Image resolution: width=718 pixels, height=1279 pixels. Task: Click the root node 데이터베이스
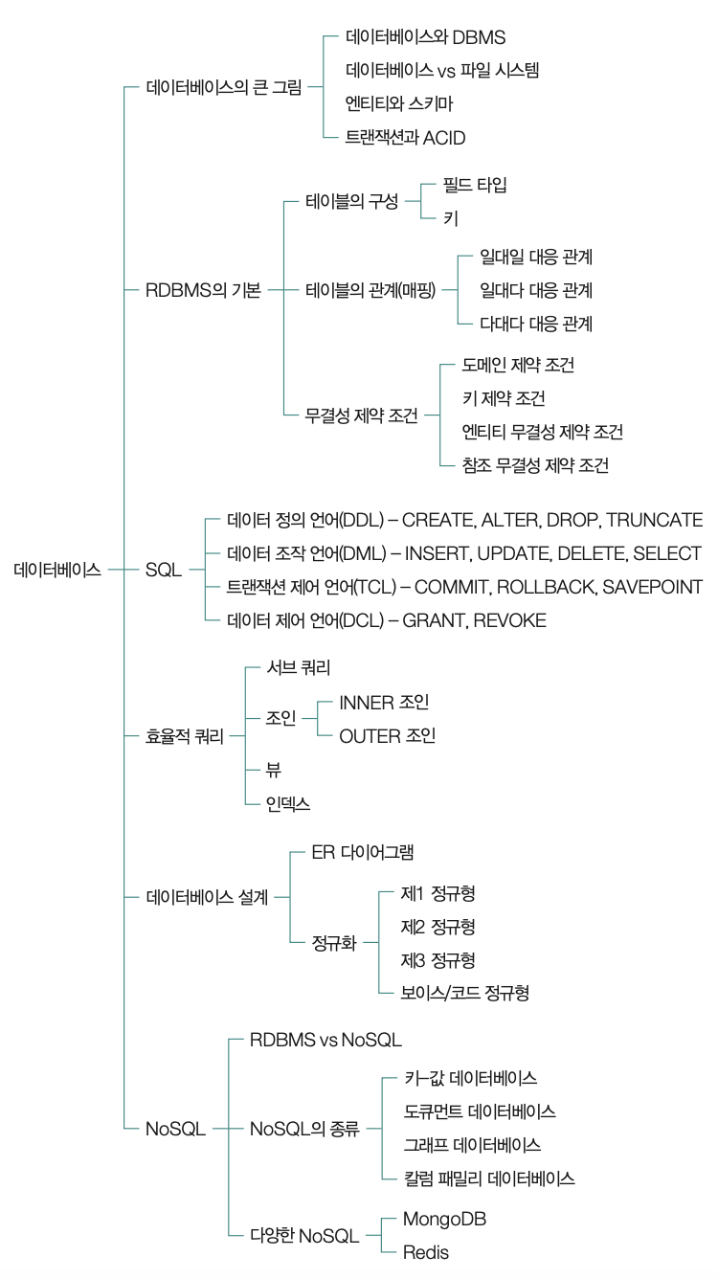(x=57, y=570)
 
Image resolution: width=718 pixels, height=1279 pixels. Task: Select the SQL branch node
(x=164, y=570)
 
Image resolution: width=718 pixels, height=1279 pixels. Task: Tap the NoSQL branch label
(x=175, y=1129)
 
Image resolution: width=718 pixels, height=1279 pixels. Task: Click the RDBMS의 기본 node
(x=203, y=290)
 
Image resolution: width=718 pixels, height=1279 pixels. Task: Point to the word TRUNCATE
(x=655, y=520)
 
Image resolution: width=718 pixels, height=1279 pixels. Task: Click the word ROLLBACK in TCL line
(x=546, y=587)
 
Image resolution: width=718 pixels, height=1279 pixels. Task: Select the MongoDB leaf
(x=444, y=1219)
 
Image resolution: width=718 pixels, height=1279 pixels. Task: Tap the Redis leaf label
(x=426, y=1253)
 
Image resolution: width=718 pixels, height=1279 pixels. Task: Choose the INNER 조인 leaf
(x=384, y=703)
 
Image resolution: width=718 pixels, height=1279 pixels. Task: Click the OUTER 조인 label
(x=388, y=736)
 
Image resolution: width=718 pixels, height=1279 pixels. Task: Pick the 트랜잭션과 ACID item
(x=406, y=138)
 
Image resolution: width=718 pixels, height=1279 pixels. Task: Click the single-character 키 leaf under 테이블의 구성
(x=451, y=218)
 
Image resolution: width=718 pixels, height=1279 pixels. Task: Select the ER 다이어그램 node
(x=363, y=852)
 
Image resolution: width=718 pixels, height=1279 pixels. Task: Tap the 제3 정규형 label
(x=438, y=960)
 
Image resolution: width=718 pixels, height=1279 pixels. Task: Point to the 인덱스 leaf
(x=288, y=804)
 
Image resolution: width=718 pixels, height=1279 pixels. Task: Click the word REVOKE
(x=510, y=620)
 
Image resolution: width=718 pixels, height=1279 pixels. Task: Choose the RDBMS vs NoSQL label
(x=325, y=1040)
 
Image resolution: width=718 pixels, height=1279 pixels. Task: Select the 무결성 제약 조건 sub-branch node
(x=362, y=415)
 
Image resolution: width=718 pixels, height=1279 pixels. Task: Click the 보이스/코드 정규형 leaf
(x=465, y=993)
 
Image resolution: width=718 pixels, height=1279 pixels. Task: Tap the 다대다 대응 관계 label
(x=536, y=324)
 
